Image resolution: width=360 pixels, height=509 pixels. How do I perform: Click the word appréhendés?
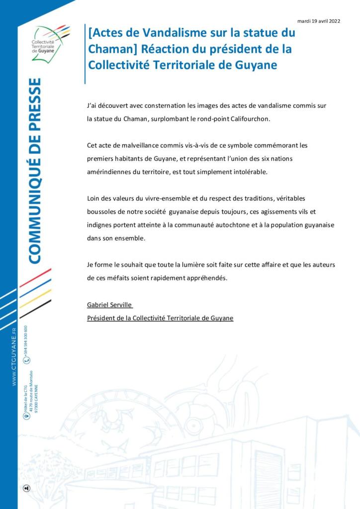click(x=203, y=278)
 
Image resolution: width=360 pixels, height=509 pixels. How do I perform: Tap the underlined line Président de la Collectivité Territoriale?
click(x=160, y=318)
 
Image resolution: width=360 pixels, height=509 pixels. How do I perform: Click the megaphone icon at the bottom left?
click(x=27, y=488)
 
